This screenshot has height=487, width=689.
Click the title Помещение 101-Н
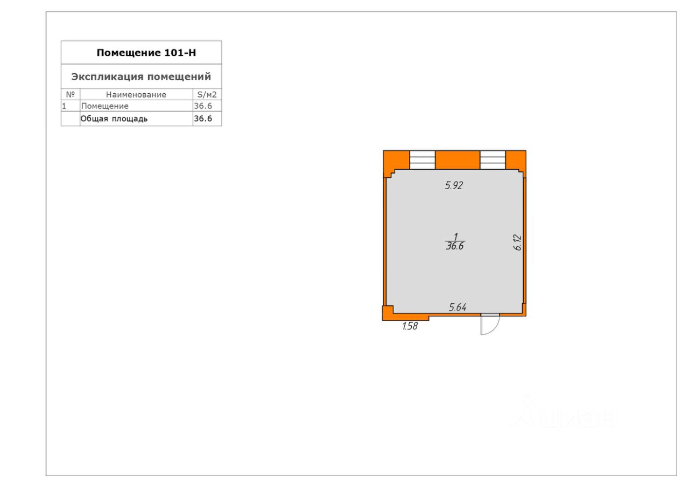tap(146, 53)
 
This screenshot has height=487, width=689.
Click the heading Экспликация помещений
tap(141, 76)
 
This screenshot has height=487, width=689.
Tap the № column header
tap(71, 94)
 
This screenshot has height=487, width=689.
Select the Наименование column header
tap(136, 94)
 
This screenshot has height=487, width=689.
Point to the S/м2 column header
tap(207, 94)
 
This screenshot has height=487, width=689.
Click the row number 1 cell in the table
tap(64, 106)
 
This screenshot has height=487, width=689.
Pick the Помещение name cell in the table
tap(105, 106)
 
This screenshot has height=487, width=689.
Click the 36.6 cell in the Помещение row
tap(203, 106)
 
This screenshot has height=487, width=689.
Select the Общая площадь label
tap(114, 119)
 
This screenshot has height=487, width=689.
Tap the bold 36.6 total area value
tap(203, 119)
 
